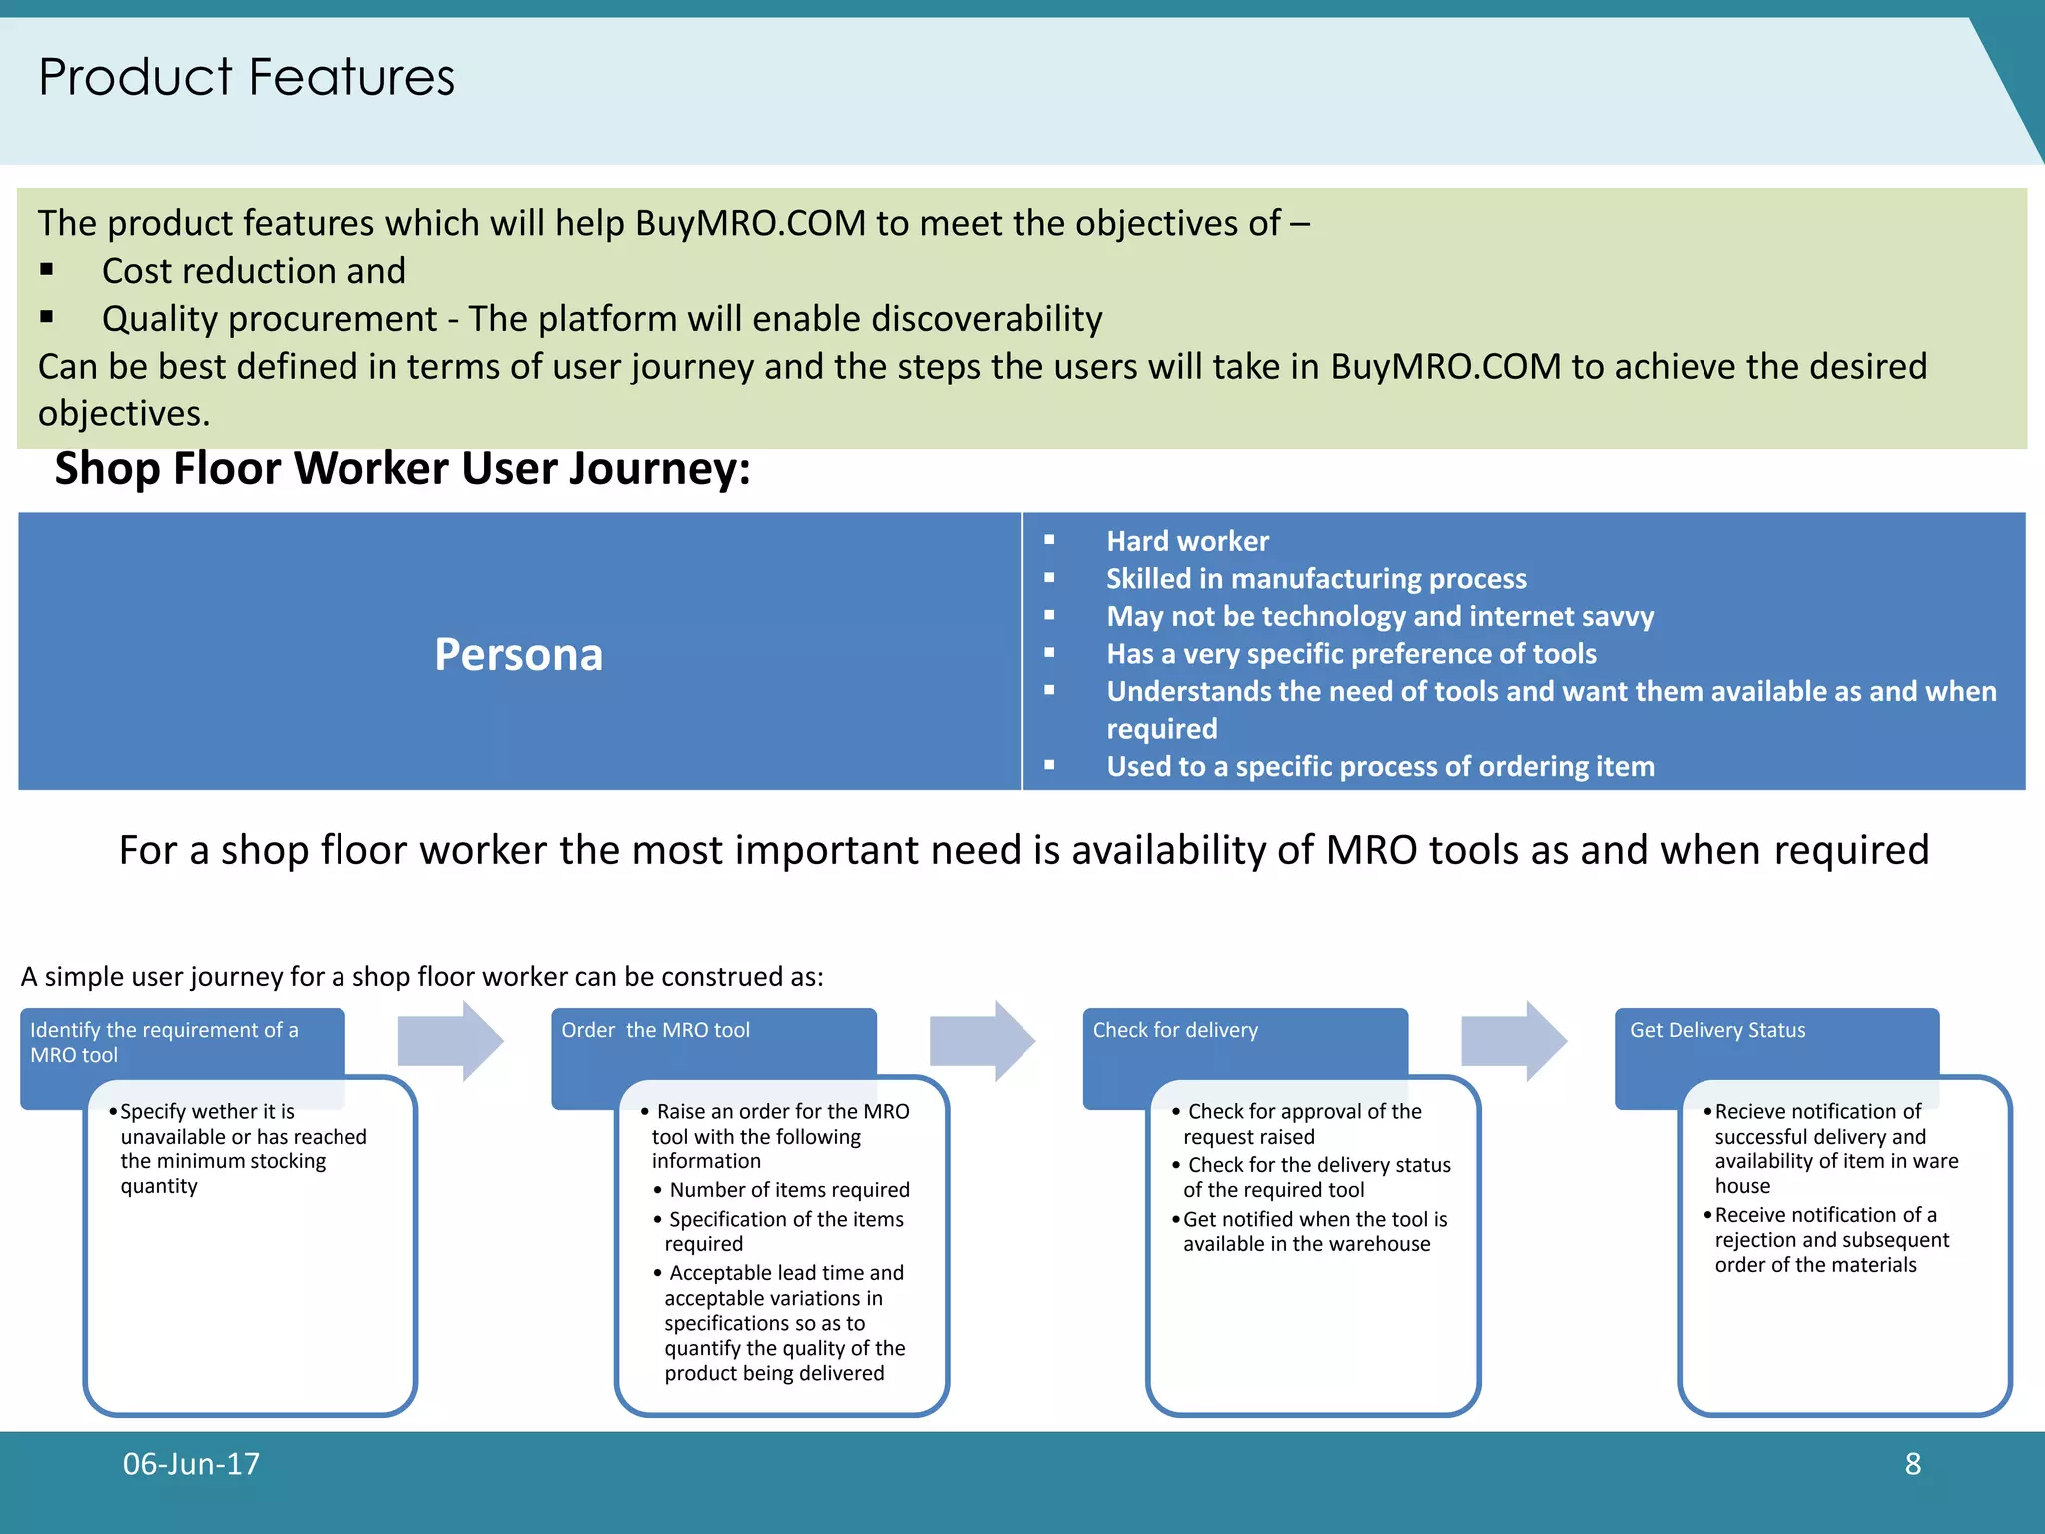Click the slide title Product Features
point(246,78)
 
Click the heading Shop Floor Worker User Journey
point(401,469)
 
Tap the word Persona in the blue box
point(518,655)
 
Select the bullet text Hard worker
point(1186,541)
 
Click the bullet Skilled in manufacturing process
point(1315,579)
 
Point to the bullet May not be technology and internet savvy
point(1379,616)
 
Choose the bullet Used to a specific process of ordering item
point(1379,766)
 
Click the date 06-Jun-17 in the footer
point(191,1464)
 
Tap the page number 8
point(1912,1464)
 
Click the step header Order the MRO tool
point(655,1030)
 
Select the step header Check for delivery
point(1174,1030)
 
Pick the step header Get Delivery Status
point(1716,1030)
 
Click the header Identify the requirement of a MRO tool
point(164,1042)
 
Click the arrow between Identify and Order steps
point(450,1041)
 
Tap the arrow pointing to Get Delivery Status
point(1513,1041)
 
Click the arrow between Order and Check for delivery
point(982,1041)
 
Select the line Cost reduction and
point(254,271)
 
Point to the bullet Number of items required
point(788,1190)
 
